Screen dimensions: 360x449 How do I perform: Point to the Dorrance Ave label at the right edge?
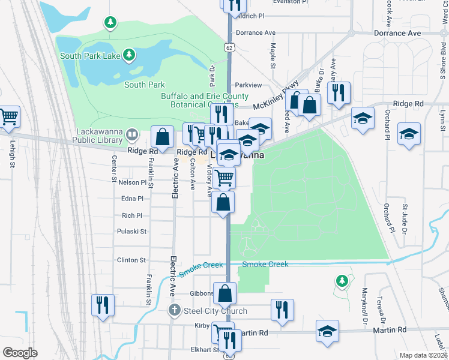point(397,33)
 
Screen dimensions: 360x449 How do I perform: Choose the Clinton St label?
point(131,260)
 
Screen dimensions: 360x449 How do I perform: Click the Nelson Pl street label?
point(132,182)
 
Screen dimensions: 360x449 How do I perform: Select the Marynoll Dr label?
point(364,306)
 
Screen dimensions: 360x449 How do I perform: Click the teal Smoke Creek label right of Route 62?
point(265,265)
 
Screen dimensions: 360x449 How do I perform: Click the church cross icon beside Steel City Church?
point(174,310)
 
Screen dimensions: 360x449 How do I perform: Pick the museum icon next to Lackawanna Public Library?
point(133,133)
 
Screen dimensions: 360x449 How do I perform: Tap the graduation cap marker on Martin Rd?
point(327,331)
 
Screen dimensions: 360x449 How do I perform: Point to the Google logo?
point(20,353)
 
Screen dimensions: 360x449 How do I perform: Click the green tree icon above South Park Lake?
point(109,23)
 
